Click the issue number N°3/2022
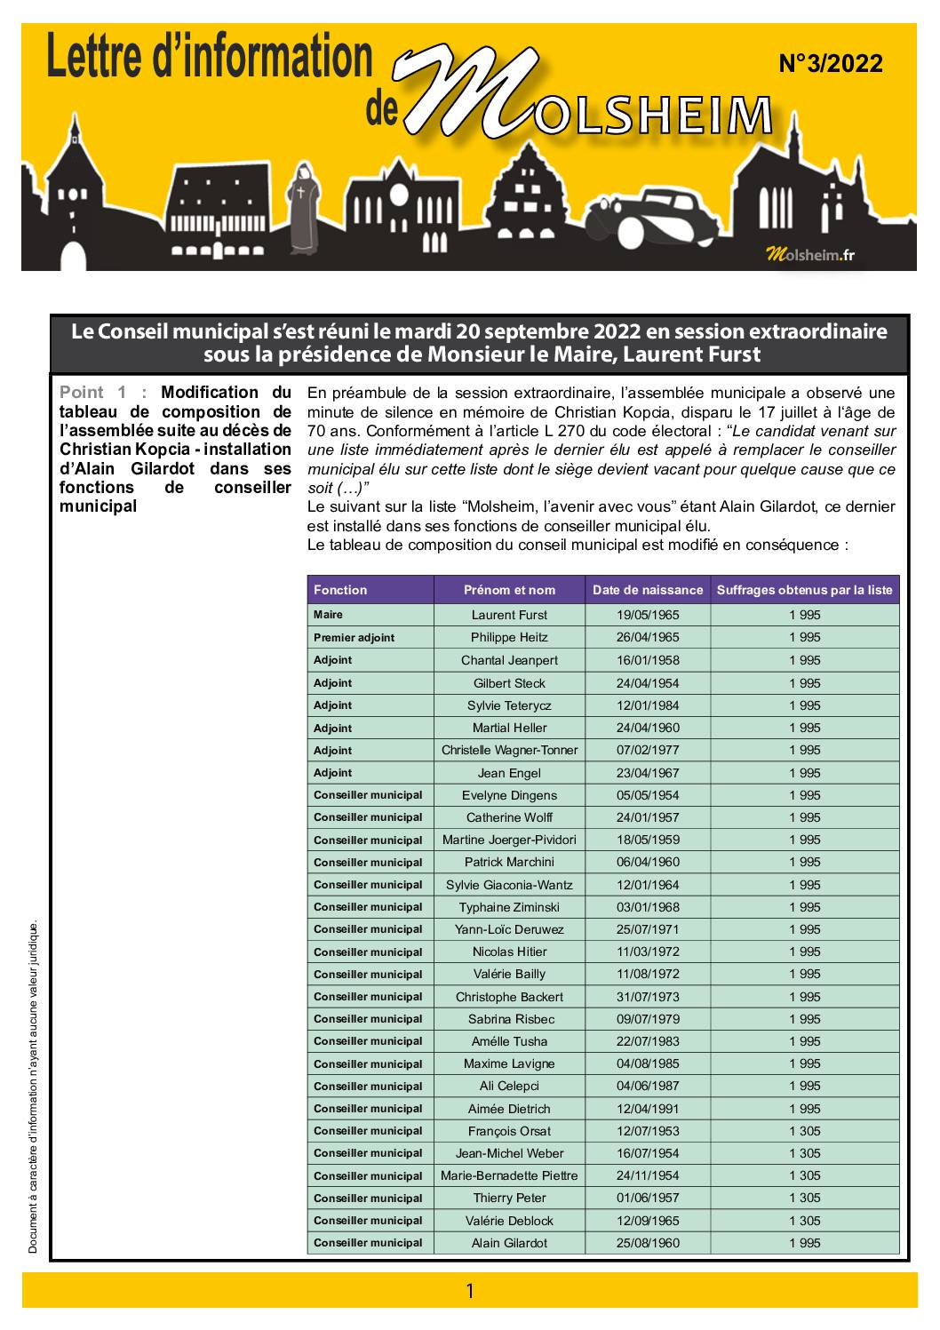(x=830, y=64)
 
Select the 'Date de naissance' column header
(x=647, y=590)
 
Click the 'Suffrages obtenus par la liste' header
(x=804, y=590)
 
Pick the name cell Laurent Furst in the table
(x=509, y=615)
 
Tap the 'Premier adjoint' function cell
(x=354, y=638)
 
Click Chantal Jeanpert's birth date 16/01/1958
(x=647, y=660)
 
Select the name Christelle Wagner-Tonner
(x=509, y=750)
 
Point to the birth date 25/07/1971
(x=647, y=929)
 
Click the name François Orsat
(x=509, y=1131)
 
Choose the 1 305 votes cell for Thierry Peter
(x=804, y=1198)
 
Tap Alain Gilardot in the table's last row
(x=509, y=1243)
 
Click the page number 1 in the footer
(x=470, y=1291)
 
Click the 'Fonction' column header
(x=340, y=590)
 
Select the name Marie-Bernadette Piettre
(x=509, y=1175)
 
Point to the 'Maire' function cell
(x=328, y=615)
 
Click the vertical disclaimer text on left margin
(x=33, y=1088)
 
